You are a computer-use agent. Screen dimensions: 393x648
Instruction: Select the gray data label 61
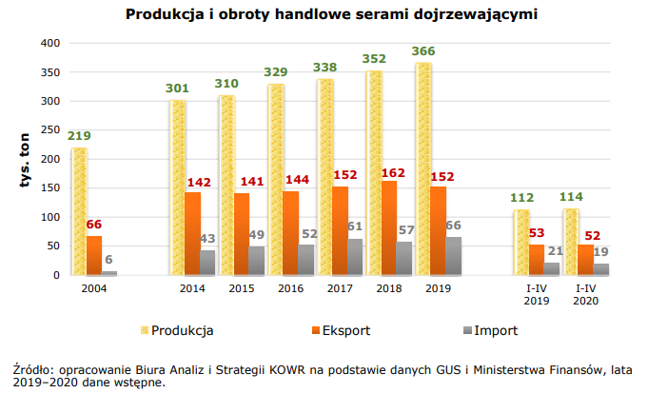[356, 226]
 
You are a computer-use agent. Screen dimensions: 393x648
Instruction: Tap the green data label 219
[79, 137]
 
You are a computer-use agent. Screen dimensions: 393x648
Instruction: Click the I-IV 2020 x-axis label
[583, 294]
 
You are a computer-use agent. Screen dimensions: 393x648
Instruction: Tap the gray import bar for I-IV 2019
[552, 268]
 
